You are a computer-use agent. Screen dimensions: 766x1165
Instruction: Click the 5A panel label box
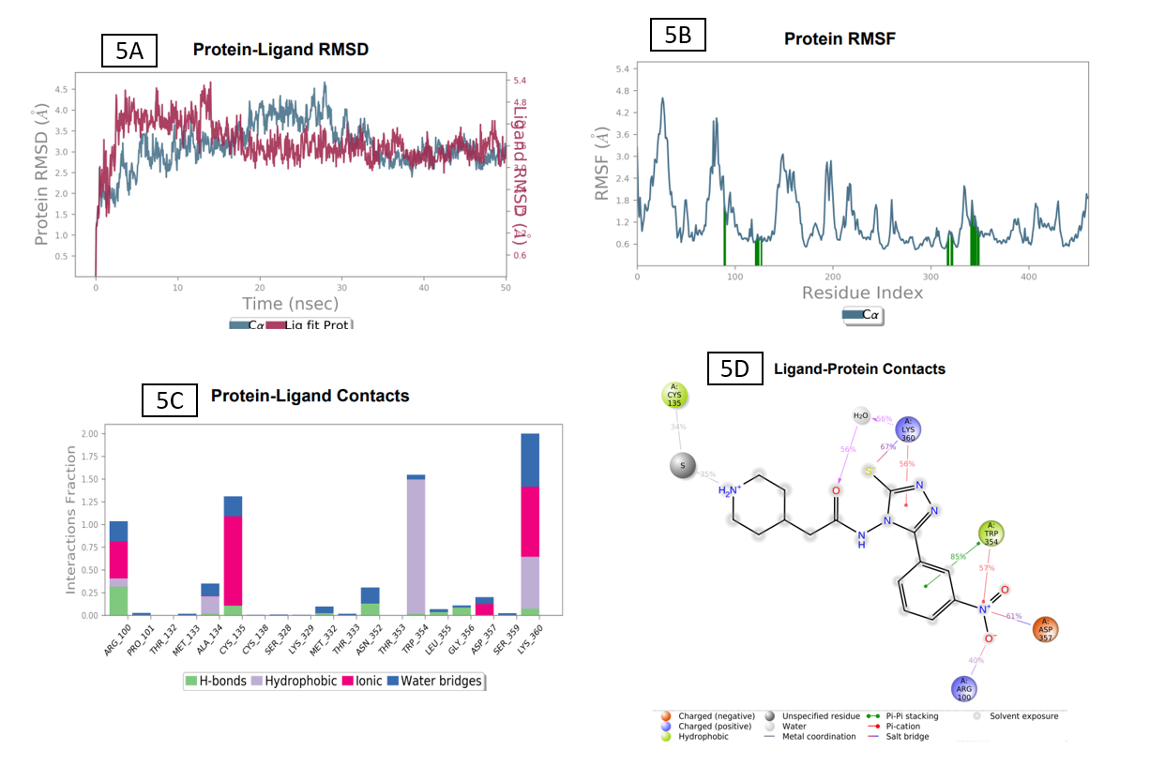coord(129,51)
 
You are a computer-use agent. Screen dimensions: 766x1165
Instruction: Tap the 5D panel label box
coord(734,368)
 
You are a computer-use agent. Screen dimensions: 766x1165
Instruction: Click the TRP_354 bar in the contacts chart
coord(416,544)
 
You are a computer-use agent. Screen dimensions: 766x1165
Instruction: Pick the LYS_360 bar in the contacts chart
coord(530,525)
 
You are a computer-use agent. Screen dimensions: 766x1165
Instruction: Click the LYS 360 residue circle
coord(906,430)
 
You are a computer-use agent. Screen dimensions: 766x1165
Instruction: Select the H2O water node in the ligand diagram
coord(861,415)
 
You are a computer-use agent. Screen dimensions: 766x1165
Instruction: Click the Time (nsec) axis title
coord(291,303)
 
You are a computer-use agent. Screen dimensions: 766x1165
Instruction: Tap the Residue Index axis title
coord(862,293)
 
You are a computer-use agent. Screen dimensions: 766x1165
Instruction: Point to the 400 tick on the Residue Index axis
coord(1029,278)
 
